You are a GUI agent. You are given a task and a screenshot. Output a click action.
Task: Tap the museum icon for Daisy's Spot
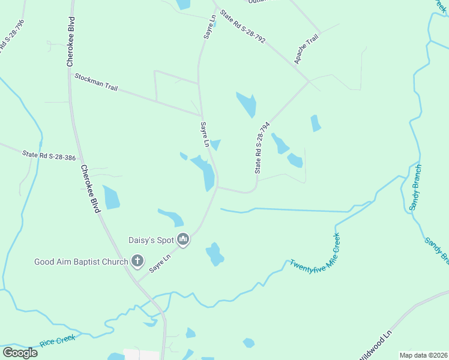pos(184,240)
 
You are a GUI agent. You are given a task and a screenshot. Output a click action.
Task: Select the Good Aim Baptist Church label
pos(81,262)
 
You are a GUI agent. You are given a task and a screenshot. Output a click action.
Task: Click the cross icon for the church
pos(137,261)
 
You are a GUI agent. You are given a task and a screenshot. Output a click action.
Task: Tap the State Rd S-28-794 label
pos(262,148)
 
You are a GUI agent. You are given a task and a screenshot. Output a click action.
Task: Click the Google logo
pos(20,352)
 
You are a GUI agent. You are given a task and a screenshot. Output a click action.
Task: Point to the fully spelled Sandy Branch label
pos(415,187)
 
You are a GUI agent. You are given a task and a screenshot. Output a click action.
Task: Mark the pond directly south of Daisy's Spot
pos(214,254)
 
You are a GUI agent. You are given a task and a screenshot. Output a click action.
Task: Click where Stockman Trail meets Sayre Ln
pos(200,115)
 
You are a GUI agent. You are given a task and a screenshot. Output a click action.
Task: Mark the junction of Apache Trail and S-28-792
pos(309,81)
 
